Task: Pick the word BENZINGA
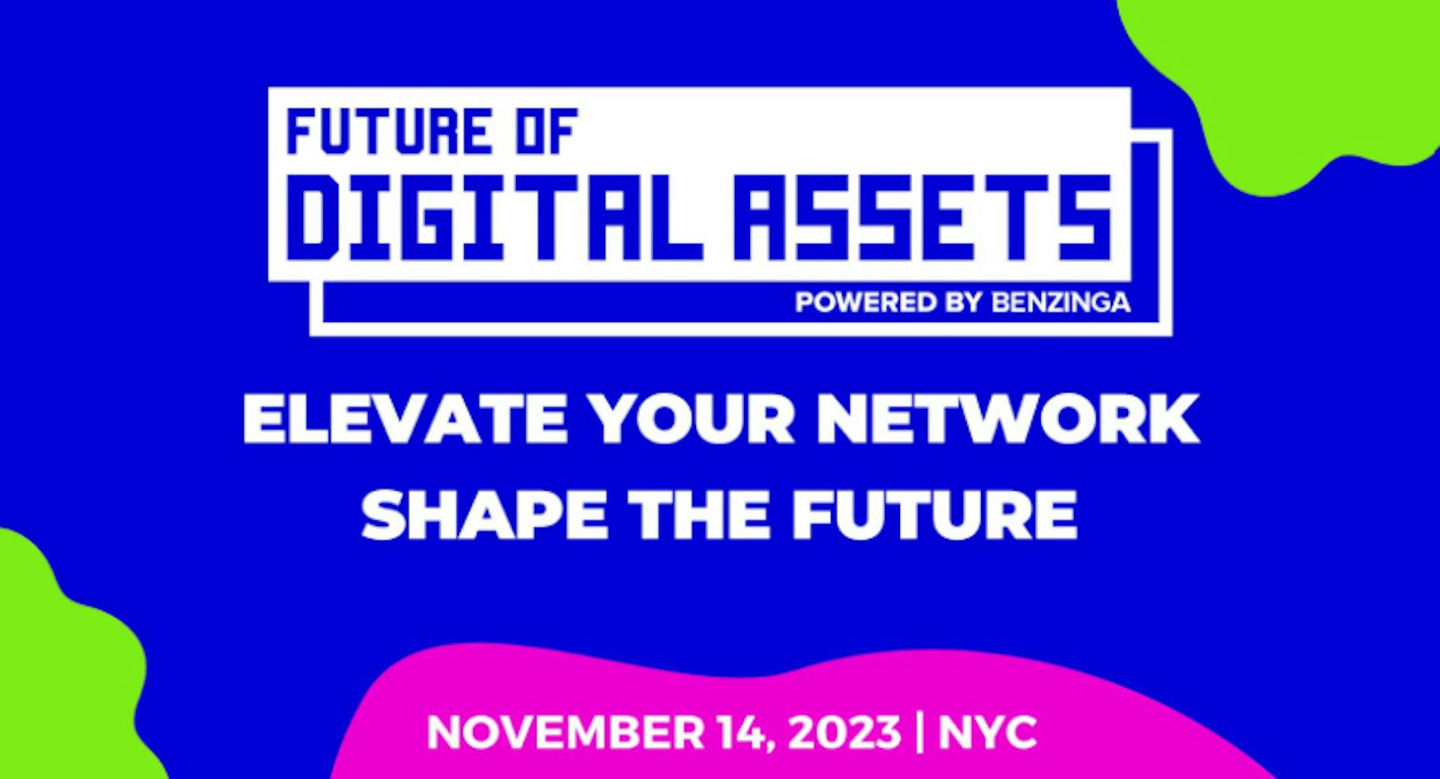(1060, 302)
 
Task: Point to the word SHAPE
(484, 515)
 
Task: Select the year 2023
(844, 732)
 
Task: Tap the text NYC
(988, 732)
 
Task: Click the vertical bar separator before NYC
(920, 732)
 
